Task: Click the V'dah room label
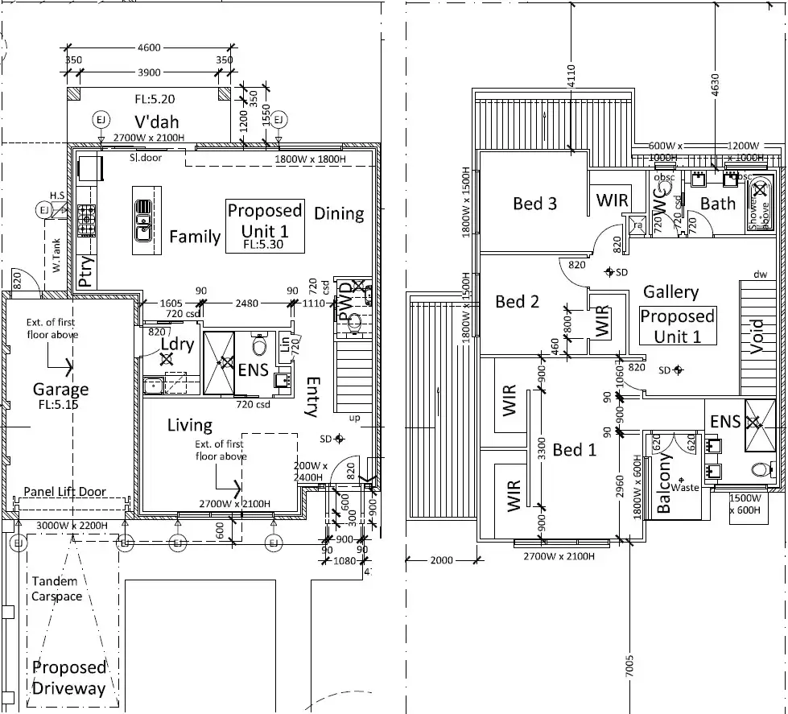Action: point(150,123)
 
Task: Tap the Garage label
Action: point(60,390)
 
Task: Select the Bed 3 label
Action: point(534,203)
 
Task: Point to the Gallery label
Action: point(670,292)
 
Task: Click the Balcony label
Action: point(664,482)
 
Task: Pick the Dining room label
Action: point(339,214)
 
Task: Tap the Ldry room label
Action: point(178,344)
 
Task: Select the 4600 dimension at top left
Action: point(150,47)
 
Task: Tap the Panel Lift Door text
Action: point(65,492)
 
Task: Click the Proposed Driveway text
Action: point(68,678)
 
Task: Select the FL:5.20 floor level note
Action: point(155,100)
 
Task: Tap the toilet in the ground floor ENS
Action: point(259,347)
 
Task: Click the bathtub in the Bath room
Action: point(759,200)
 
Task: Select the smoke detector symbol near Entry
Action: point(339,439)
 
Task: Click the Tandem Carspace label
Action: point(56,589)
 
